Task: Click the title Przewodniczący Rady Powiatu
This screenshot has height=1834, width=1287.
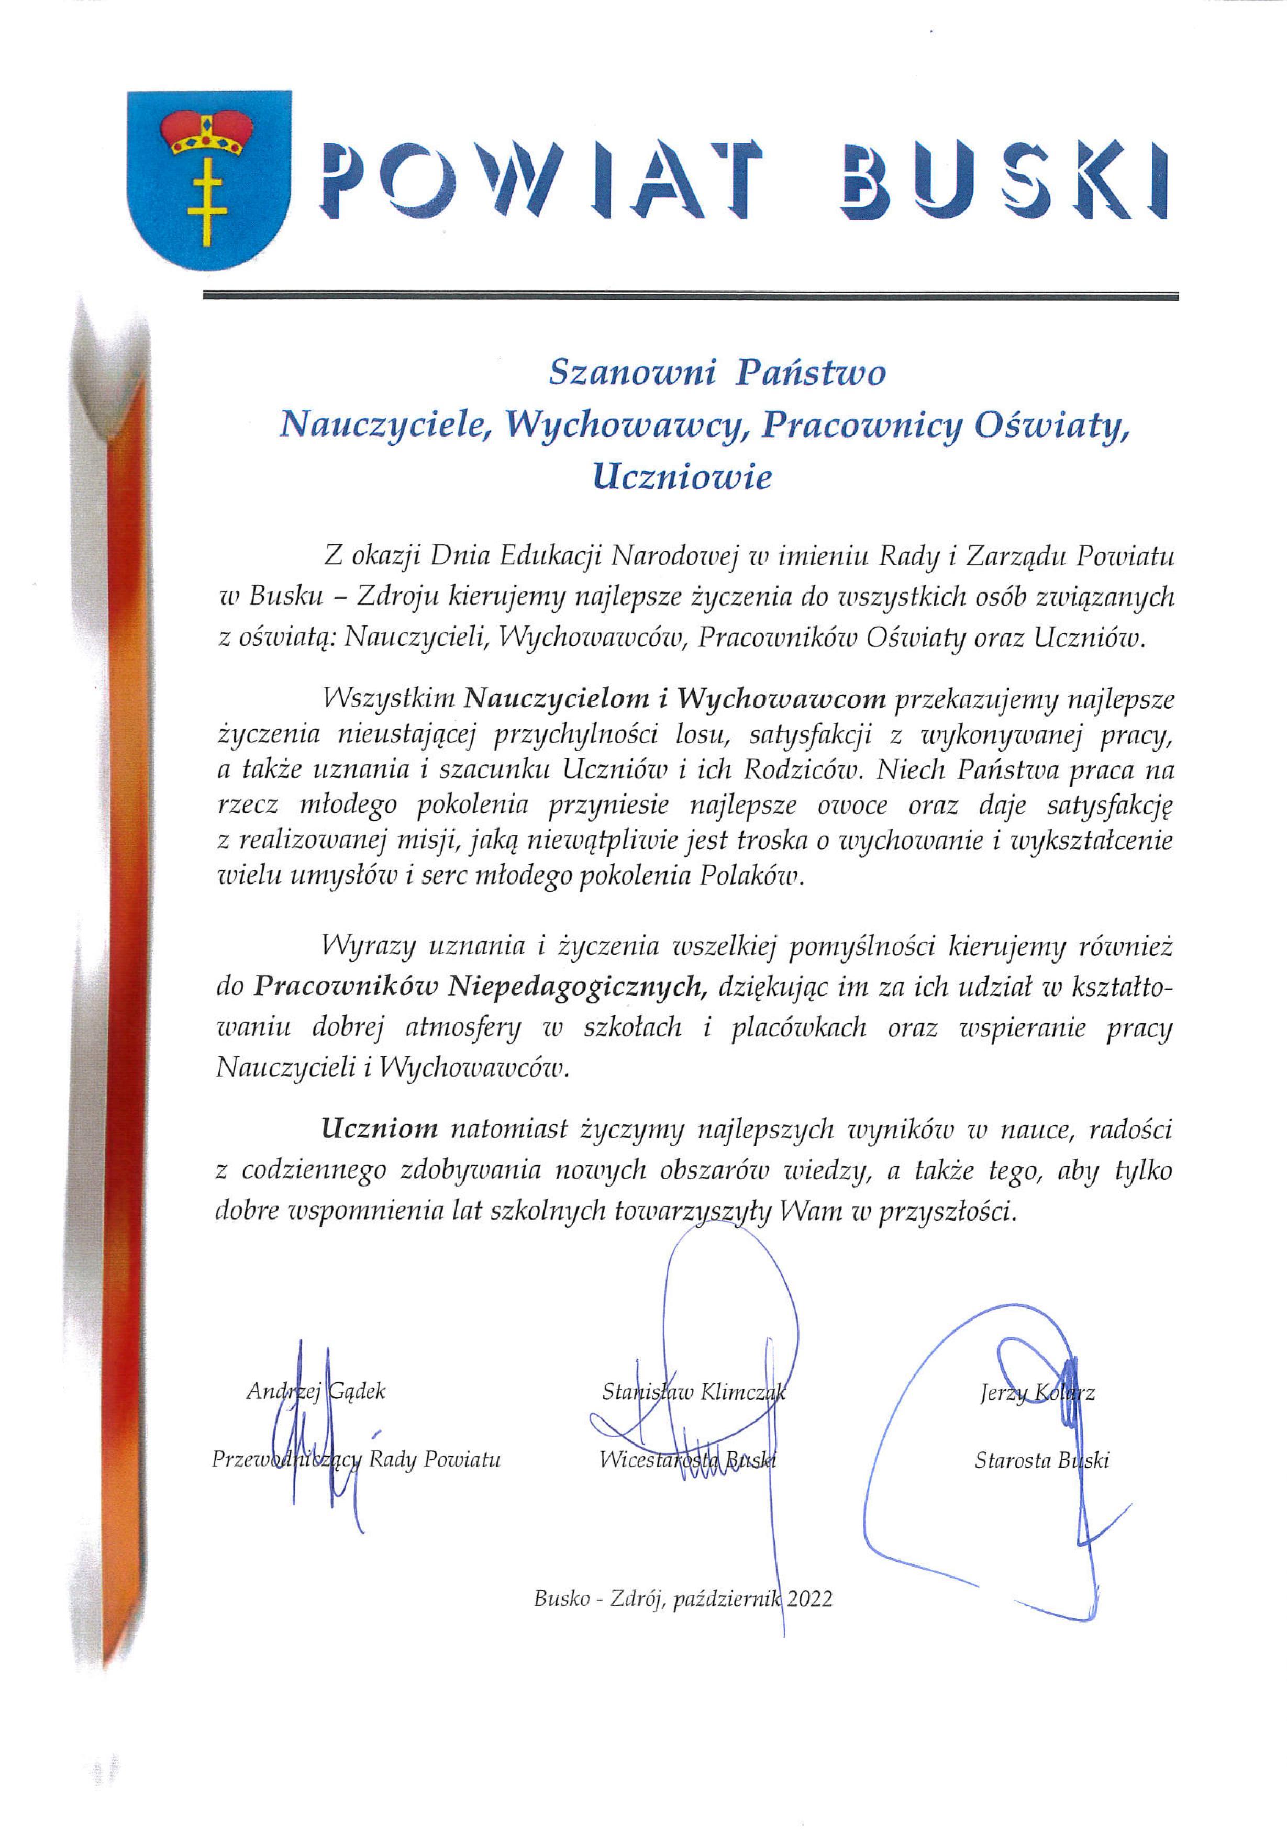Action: pyautogui.click(x=356, y=1460)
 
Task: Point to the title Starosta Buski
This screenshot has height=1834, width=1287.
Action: pyautogui.click(x=1041, y=1460)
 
